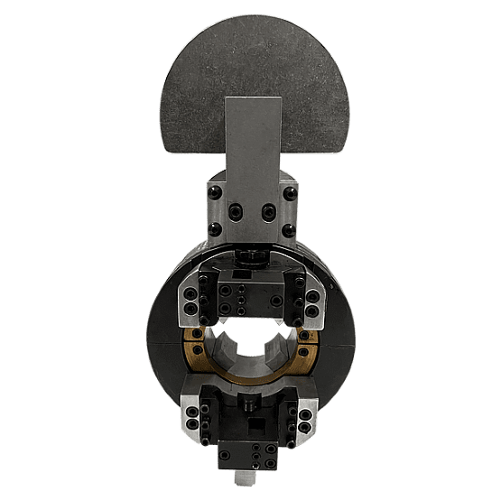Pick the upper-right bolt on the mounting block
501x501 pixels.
coord(289,191)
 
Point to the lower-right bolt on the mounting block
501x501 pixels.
coord(289,229)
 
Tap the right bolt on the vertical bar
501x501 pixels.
coord(267,211)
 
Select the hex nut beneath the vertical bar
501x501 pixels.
coord(250,256)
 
